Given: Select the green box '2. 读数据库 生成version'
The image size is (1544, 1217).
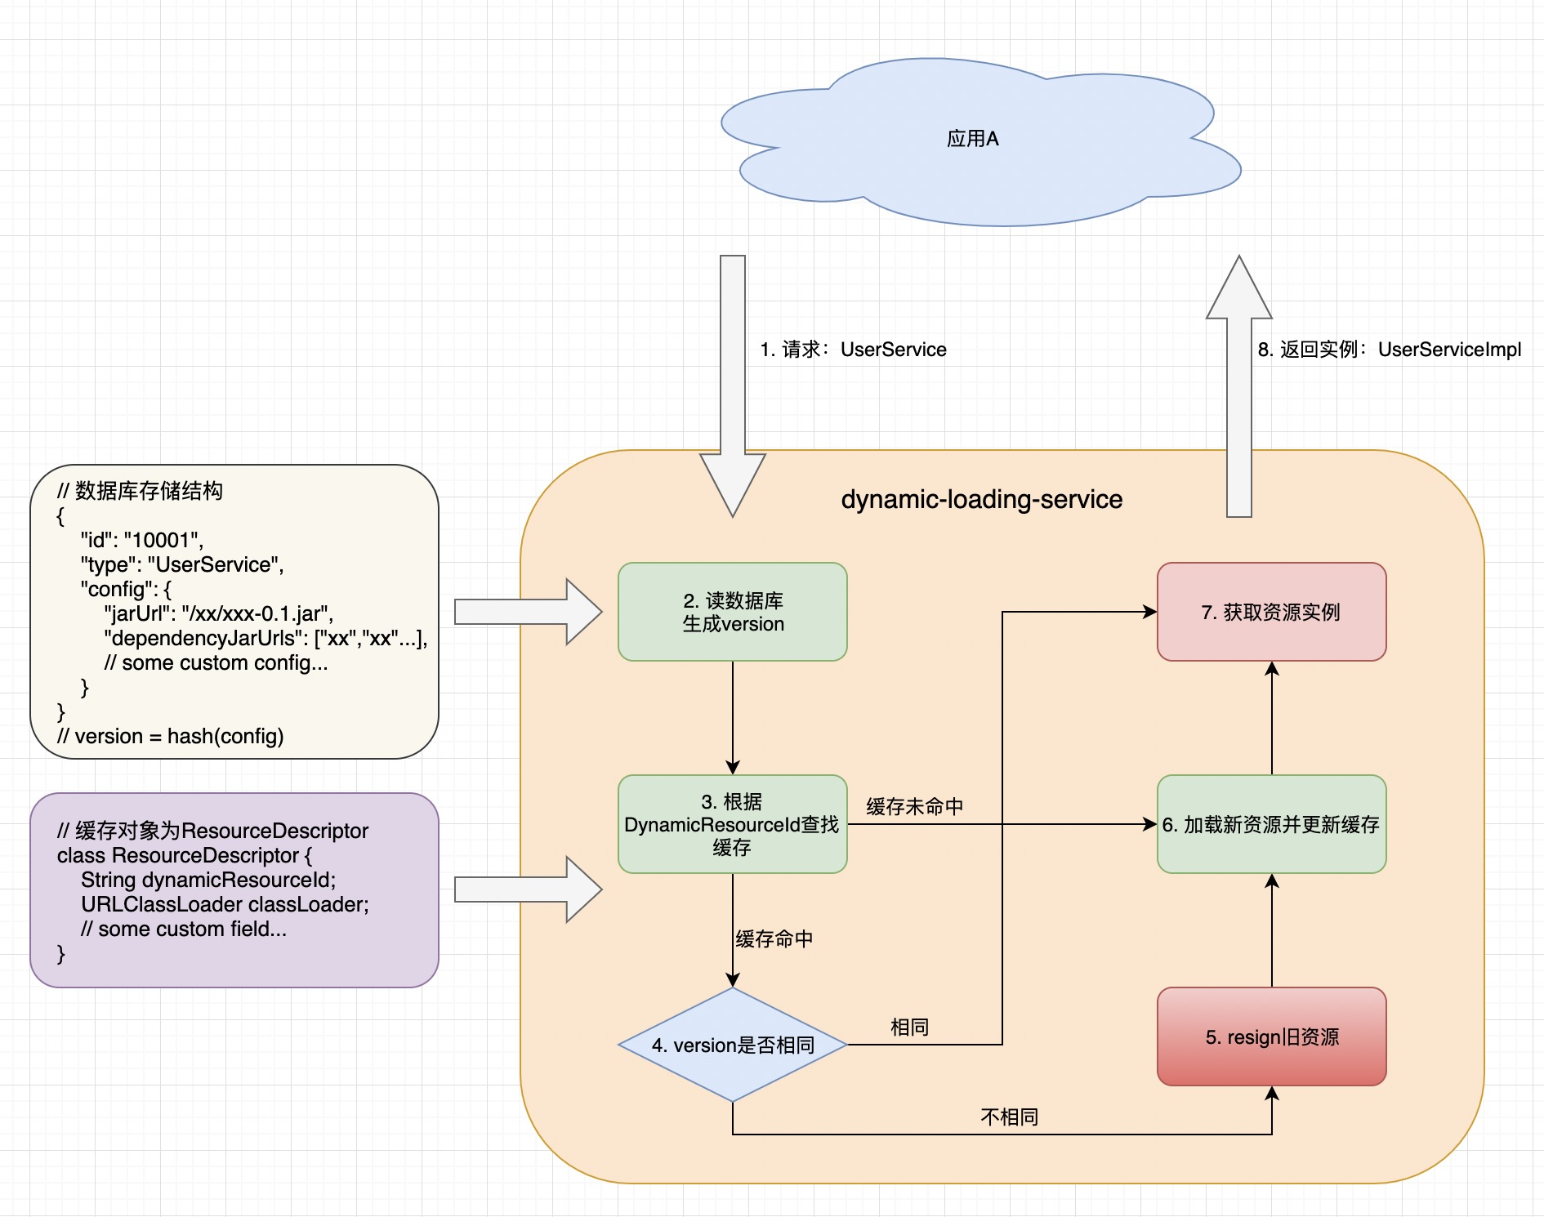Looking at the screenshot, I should pos(732,612).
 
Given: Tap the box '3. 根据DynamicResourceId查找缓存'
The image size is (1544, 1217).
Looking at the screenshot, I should pos(732,824).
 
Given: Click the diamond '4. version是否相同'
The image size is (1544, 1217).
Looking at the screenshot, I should pos(732,1045).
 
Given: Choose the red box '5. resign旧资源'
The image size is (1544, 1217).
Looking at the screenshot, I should pos(1271,1036).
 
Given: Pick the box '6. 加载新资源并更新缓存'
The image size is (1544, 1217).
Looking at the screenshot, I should pos(1271,824).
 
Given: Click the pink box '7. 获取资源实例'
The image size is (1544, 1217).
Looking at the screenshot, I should pos(1271,612).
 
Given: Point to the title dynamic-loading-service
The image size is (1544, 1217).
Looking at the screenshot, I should pos(981,499).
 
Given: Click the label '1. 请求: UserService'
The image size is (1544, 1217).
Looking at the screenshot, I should pos(853,350).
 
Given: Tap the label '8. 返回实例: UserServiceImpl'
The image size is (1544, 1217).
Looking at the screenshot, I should pos(1389,350).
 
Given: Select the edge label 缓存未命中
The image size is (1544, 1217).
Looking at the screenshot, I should pos(914,807).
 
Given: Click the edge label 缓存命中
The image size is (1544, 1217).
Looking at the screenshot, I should pos(774,939).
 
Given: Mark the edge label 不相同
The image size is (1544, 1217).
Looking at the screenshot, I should pos(1009,1117).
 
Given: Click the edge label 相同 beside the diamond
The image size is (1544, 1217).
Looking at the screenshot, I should pos(909,1027).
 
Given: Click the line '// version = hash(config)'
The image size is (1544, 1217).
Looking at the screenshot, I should pos(170,736).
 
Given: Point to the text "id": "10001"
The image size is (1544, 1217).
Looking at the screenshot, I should pos(141,540).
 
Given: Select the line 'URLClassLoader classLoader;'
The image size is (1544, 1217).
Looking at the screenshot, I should pos(225,904).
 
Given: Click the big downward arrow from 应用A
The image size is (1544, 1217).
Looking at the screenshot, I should pos(733,384).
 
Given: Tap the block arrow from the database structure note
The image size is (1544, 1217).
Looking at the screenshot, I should pos(527,612).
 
